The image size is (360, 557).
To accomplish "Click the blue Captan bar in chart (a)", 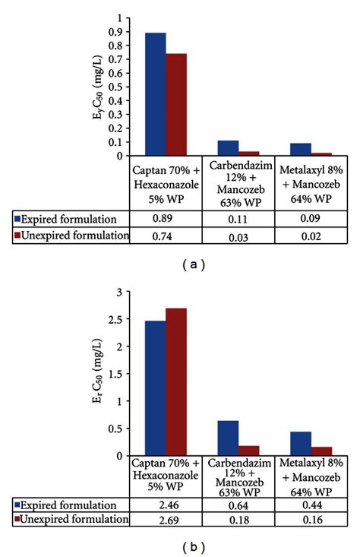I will pos(156,94).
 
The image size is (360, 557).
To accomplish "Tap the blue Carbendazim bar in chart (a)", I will pos(228,148).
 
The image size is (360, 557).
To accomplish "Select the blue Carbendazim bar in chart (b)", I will pos(228,438).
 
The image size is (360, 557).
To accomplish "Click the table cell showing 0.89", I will pos(166,217).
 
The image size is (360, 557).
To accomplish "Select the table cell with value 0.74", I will pos(166,236).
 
